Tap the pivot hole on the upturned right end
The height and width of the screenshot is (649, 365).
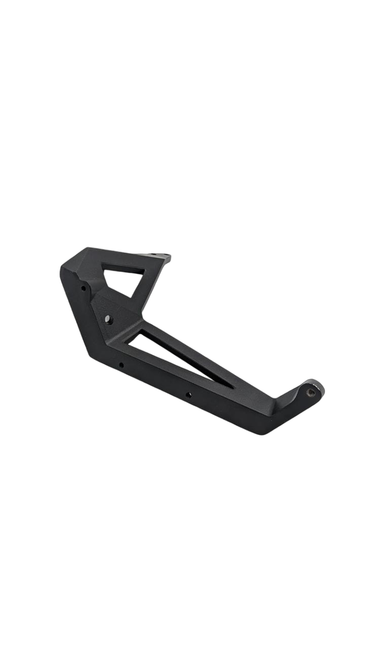click(x=311, y=392)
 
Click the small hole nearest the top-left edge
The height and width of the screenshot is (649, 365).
click(x=84, y=288)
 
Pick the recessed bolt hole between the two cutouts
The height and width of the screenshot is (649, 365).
click(x=110, y=319)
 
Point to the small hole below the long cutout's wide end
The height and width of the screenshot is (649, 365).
click(x=121, y=364)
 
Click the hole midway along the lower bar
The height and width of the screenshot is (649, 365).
click(x=188, y=394)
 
